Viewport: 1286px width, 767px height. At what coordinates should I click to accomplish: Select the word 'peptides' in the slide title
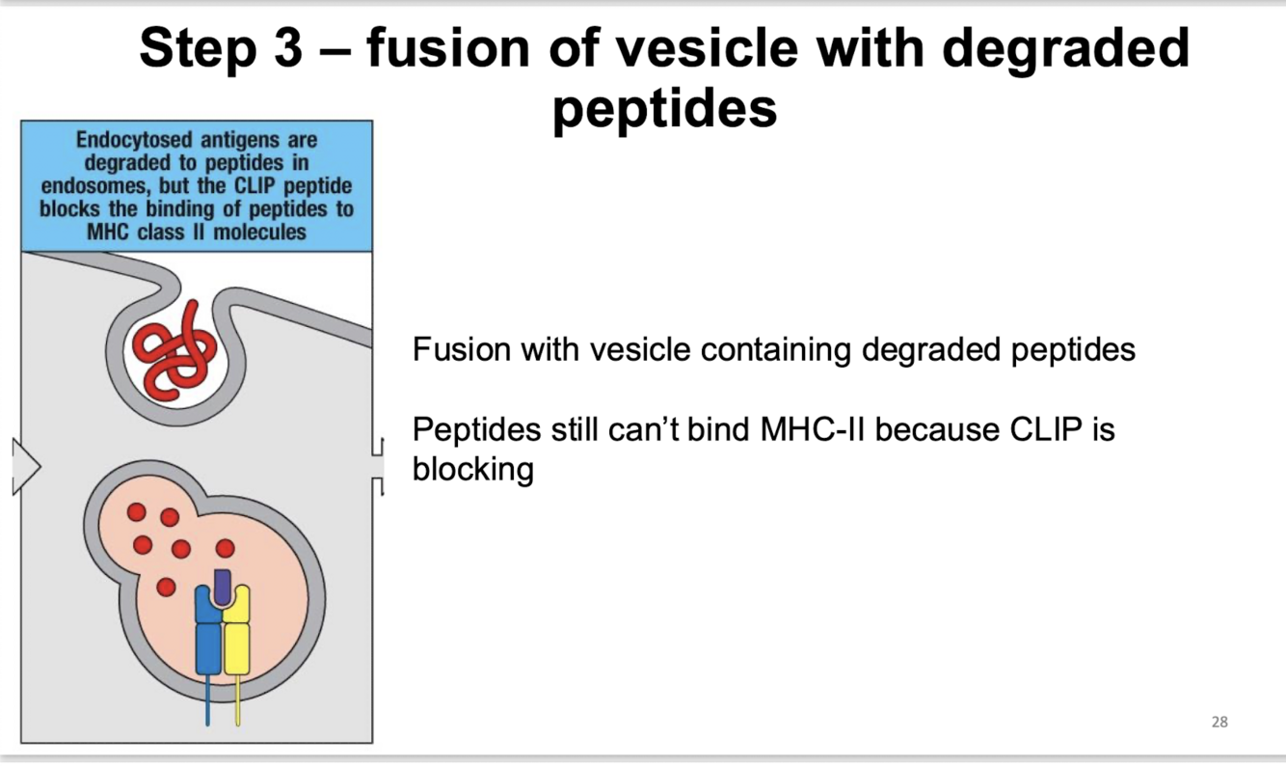[665, 108]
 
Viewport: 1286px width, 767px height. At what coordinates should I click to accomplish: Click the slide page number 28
[1219, 722]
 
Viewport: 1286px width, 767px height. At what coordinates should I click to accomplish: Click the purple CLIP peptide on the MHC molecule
[223, 585]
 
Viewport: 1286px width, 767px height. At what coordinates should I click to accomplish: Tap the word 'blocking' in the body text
[472, 470]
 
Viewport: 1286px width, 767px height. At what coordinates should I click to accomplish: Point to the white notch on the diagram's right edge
[378, 467]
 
